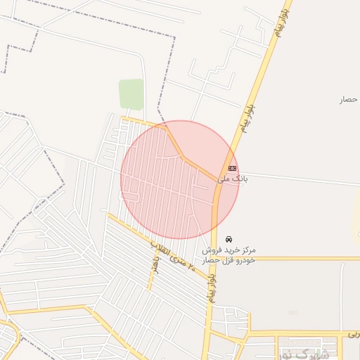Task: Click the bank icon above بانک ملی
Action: coord(233,168)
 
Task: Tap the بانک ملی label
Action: coord(234,179)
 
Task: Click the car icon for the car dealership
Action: coord(229,239)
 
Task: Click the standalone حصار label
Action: coord(349,99)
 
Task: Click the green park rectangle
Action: coord(131,94)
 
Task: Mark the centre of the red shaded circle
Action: coord(179,179)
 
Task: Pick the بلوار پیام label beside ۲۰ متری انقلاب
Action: coord(212,288)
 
